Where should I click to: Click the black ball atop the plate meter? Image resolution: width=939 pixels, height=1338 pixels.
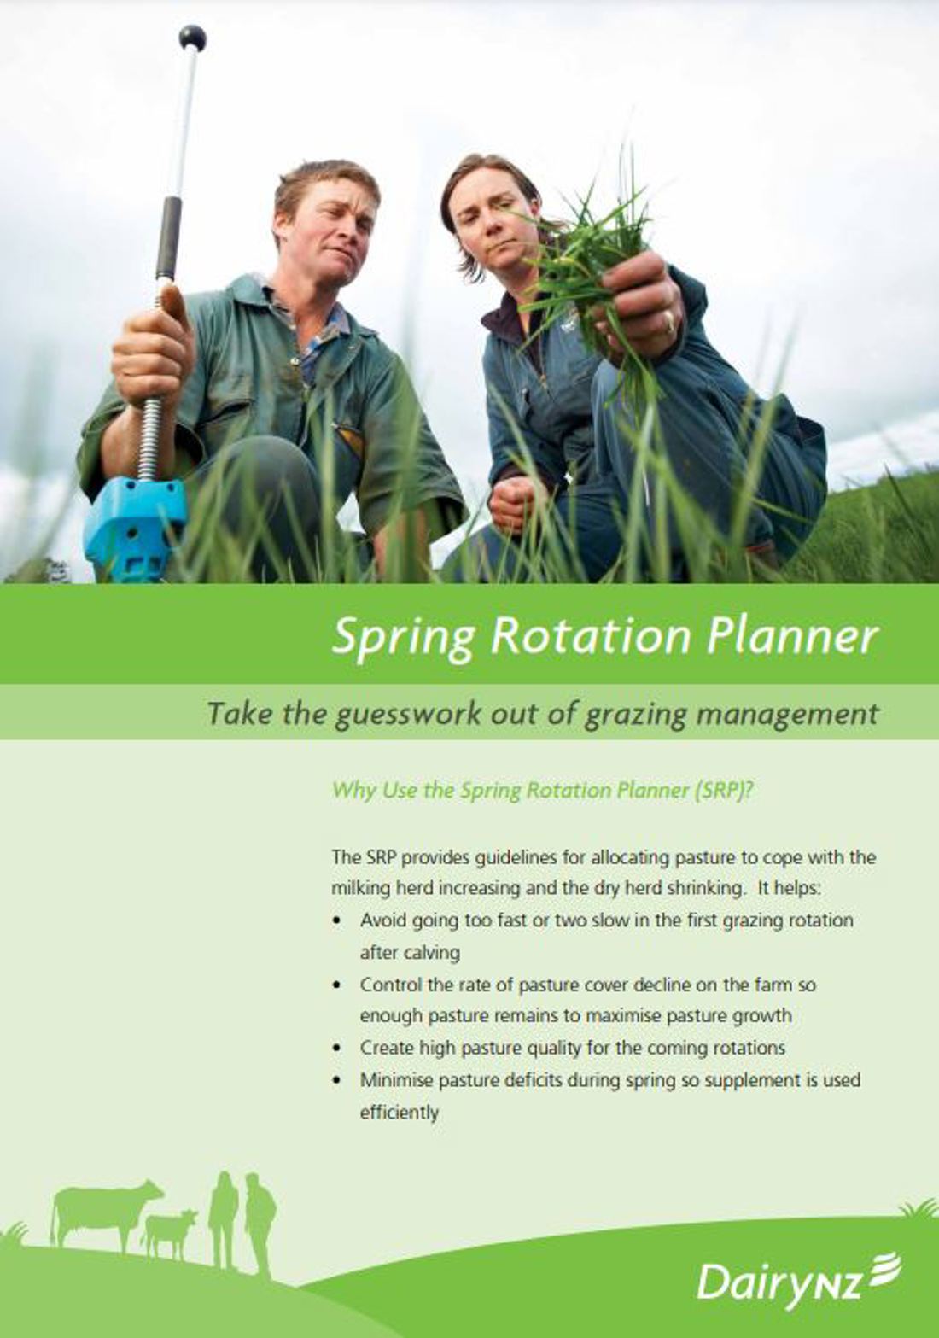[192, 39]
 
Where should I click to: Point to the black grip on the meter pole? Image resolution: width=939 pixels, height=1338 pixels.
[172, 236]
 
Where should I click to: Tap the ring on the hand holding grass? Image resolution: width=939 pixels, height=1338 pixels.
[671, 324]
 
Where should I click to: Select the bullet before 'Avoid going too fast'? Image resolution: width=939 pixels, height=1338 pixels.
[338, 920]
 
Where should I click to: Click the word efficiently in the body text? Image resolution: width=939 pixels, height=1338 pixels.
[400, 1113]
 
